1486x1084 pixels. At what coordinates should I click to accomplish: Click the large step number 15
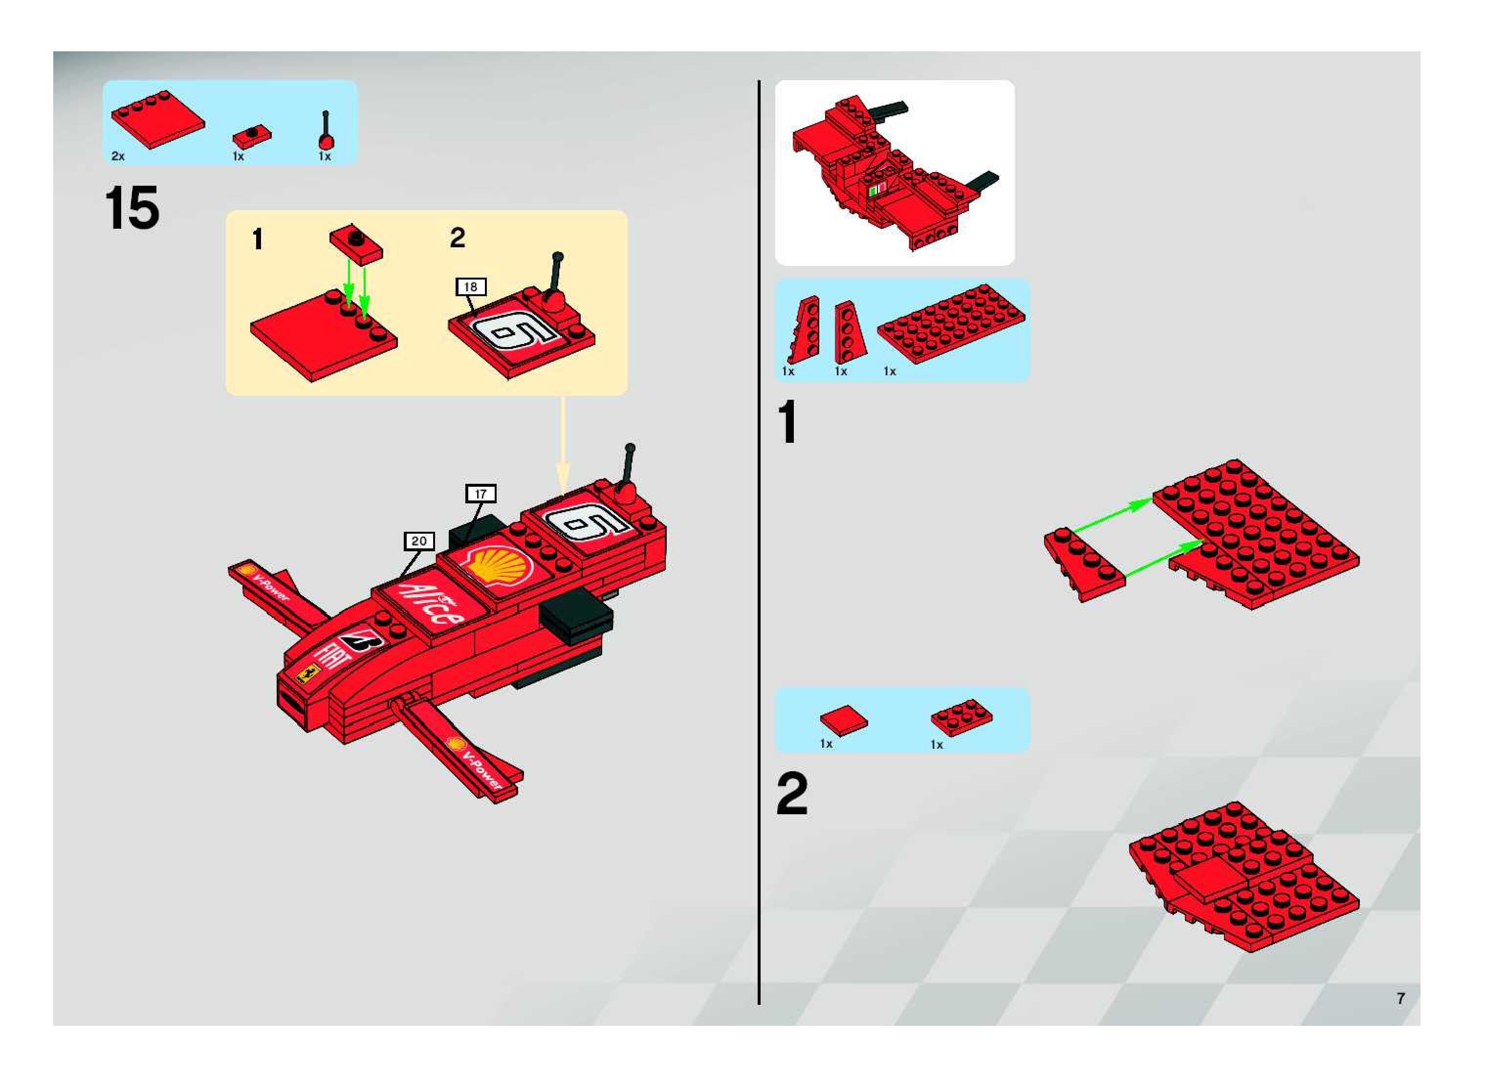pos(131,208)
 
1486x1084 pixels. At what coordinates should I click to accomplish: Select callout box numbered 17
pos(481,494)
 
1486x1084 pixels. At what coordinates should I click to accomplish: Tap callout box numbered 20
pos(419,541)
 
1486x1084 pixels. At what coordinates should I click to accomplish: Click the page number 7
pos(1400,998)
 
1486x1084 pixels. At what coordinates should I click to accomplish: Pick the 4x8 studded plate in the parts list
pos(950,323)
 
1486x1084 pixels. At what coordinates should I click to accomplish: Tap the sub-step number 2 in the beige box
pos(458,238)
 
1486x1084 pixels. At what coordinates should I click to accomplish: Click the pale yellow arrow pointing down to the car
pos(563,446)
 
